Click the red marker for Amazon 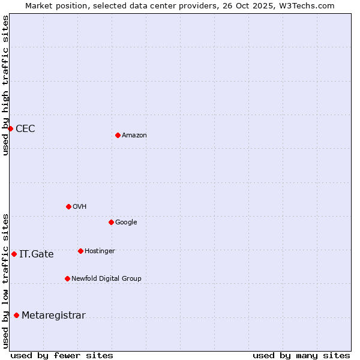(x=118, y=135)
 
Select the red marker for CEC (x=10, y=128)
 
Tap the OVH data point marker (x=68, y=206)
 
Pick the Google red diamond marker (x=111, y=222)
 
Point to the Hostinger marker (x=80, y=251)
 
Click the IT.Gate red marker (x=14, y=254)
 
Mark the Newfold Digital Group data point (x=67, y=278)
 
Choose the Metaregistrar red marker (x=16, y=315)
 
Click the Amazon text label (x=134, y=136)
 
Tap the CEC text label (x=25, y=129)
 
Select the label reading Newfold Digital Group (x=106, y=278)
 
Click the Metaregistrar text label (x=53, y=316)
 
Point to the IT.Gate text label (x=37, y=254)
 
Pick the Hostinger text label (x=100, y=251)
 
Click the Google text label (x=126, y=223)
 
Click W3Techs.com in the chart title (x=310, y=5)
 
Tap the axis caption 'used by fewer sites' (x=62, y=355)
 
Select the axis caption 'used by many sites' (x=301, y=355)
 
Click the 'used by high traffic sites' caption (x=5, y=85)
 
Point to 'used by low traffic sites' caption (x=5, y=280)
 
